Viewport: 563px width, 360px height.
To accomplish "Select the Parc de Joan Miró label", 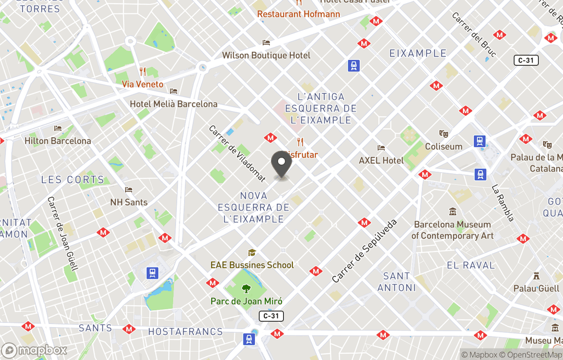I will (x=247, y=301).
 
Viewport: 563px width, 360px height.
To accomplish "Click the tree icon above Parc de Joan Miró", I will (x=247, y=289).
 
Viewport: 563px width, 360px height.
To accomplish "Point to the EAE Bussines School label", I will (x=252, y=265).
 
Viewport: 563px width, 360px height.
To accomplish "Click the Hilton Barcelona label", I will (x=58, y=140).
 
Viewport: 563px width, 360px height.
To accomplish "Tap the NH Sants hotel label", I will (x=129, y=202).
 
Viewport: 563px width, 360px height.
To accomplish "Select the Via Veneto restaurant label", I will (x=142, y=84).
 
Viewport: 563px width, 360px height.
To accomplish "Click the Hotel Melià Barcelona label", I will (x=174, y=104).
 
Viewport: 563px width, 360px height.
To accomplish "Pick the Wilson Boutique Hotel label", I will (x=266, y=55).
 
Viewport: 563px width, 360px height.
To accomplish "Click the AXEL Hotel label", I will (x=381, y=160).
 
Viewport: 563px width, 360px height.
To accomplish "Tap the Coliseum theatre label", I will (x=444, y=147).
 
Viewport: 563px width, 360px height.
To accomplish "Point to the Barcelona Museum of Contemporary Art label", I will (x=452, y=230).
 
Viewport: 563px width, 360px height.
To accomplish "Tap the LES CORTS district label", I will (x=72, y=179).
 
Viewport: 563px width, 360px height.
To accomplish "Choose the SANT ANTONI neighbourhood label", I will (x=397, y=282).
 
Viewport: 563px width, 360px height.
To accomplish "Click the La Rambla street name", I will (x=503, y=203).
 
